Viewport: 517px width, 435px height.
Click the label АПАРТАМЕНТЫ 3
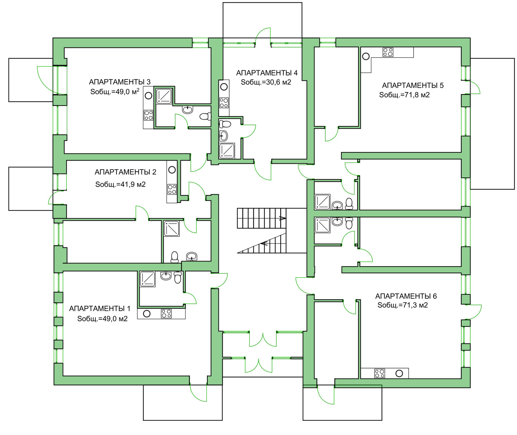point(120,82)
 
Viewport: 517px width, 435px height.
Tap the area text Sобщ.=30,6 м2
point(266,82)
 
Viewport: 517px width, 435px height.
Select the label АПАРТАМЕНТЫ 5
point(413,85)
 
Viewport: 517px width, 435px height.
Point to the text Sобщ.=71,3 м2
point(403,305)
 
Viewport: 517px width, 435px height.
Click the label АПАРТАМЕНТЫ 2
point(125,172)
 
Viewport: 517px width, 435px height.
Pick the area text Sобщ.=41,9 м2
point(120,184)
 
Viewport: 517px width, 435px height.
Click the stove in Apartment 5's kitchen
point(388,52)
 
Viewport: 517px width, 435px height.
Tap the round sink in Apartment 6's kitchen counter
point(399,374)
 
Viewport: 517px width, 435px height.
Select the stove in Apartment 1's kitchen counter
point(166,314)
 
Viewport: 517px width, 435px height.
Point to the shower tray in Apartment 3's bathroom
point(164,96)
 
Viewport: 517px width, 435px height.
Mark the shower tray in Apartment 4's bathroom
point(227,151)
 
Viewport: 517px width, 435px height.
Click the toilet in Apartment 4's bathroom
point(225,124)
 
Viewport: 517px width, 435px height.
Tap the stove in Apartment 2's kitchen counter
point(172,189)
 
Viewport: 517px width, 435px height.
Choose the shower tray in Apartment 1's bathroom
point(148,279)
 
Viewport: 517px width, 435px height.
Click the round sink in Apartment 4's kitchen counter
point(224,87)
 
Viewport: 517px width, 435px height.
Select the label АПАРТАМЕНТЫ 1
point(100,309)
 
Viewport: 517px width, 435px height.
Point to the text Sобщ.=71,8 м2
point(404,95)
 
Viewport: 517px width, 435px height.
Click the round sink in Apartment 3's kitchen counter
point(148,96)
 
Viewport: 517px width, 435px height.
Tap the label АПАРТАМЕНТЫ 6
point(406,296)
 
